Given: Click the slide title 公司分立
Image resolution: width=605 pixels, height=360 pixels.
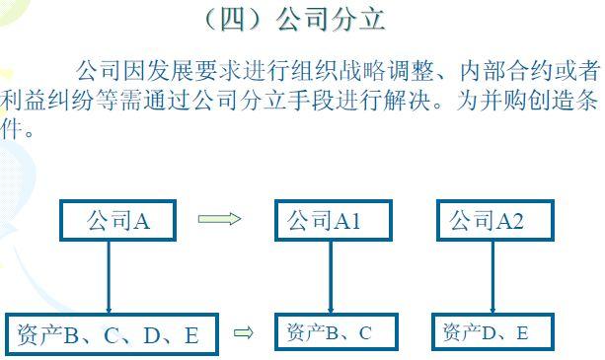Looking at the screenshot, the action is [331, 20].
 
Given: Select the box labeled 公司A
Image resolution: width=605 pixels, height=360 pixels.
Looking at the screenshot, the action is [117, 220].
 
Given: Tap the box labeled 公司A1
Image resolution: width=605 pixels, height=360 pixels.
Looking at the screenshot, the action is [334, 220].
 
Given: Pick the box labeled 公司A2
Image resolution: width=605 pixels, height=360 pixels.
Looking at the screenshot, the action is [495, 220].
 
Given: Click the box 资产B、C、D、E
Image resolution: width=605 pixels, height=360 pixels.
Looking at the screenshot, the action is [112, 334].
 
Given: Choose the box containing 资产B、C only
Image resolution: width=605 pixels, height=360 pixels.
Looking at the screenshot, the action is [337, 331].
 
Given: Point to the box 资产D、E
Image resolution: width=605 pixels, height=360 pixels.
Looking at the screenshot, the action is [492, 331].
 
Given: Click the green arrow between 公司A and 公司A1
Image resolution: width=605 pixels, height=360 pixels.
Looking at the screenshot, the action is [219, 219].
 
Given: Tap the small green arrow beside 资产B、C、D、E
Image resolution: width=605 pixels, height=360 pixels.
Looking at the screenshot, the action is [244, 332].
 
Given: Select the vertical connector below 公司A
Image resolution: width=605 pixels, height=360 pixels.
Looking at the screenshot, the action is [109, 277].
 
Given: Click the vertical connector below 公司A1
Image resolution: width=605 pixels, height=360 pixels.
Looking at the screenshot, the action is [331, 277].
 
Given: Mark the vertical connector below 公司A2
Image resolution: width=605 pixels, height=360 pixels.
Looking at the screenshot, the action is [492, 277].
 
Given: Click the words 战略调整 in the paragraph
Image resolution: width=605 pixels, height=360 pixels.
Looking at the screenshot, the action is [387, 71].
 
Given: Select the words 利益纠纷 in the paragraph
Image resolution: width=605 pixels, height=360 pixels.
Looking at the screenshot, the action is [47, 101].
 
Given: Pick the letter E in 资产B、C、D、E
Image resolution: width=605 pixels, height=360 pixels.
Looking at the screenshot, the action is [191, 335].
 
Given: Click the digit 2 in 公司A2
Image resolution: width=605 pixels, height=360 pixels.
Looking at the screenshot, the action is [516, 221].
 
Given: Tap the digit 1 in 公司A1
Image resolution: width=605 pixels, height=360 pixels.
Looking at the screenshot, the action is [354, 221].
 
